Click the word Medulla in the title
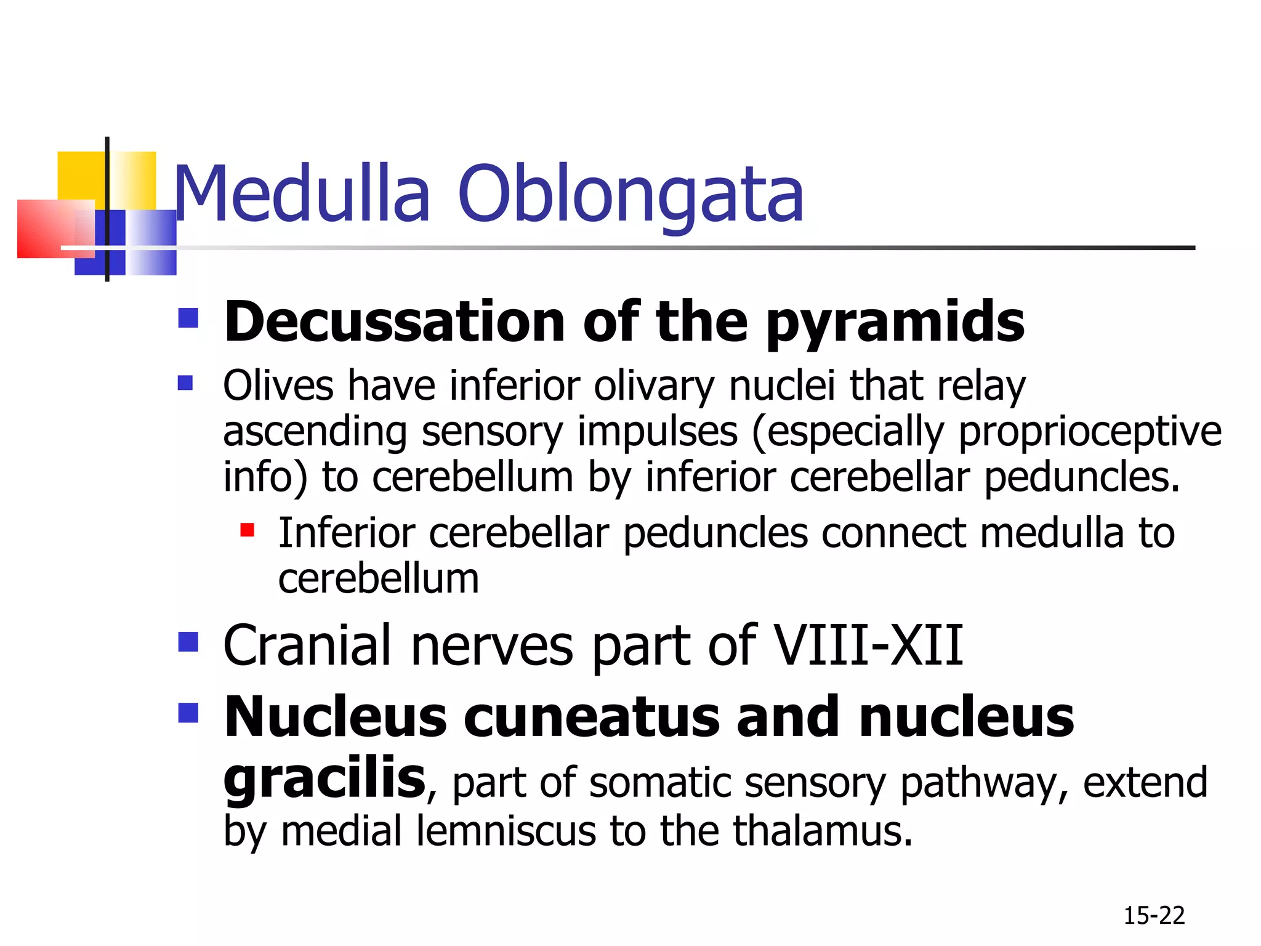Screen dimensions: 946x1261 (x=302, y=194)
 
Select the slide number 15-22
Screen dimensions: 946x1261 (x=1154, y=916)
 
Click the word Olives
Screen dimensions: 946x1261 (x=278, y=386)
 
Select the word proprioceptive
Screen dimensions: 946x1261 (x=1090, y=432)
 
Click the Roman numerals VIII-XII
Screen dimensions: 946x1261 (x=868, y=645)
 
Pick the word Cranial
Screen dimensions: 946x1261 (x=308, y=645)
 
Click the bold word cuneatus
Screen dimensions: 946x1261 (x=591, y=717)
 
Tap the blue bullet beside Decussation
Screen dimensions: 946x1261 (x=188, y=318)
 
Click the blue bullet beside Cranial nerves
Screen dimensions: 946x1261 (x=188, y=642)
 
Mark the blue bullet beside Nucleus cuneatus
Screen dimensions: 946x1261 (x=188, y=713)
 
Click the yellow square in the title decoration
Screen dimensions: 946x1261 (x=81, y=176)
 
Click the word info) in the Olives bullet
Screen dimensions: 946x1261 (x=265, y=478)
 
